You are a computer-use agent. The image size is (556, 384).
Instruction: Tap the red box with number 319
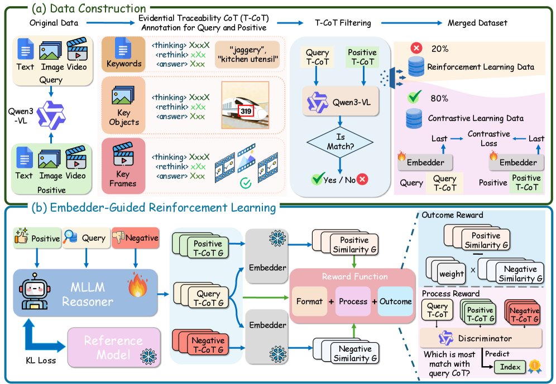246,111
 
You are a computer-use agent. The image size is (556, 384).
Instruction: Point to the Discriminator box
481,338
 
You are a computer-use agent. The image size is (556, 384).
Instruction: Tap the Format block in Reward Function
309,302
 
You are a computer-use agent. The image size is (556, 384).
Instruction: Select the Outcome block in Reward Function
395,302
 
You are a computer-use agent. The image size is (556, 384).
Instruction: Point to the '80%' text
438,98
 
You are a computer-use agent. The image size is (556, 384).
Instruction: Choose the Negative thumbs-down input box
135,238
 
